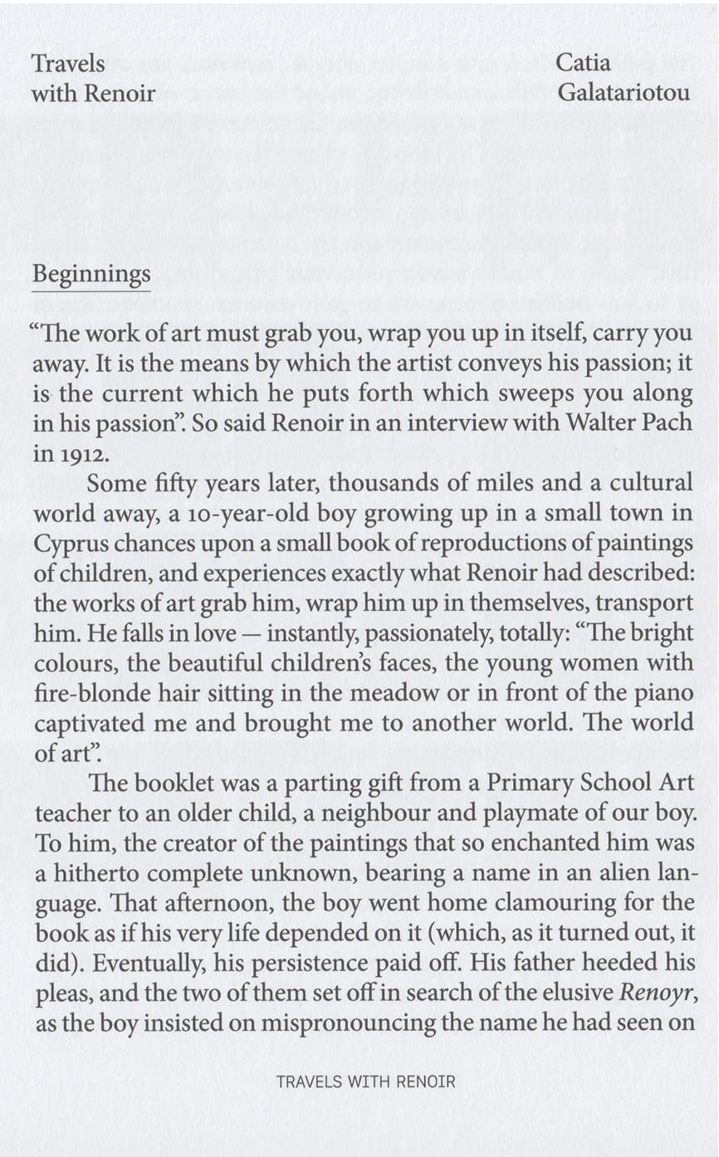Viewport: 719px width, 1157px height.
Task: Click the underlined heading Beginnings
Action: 91,275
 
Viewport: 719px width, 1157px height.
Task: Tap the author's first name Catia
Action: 583,63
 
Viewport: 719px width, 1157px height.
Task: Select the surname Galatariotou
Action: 623,93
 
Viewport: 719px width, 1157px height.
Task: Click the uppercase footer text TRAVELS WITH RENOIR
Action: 365,1082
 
